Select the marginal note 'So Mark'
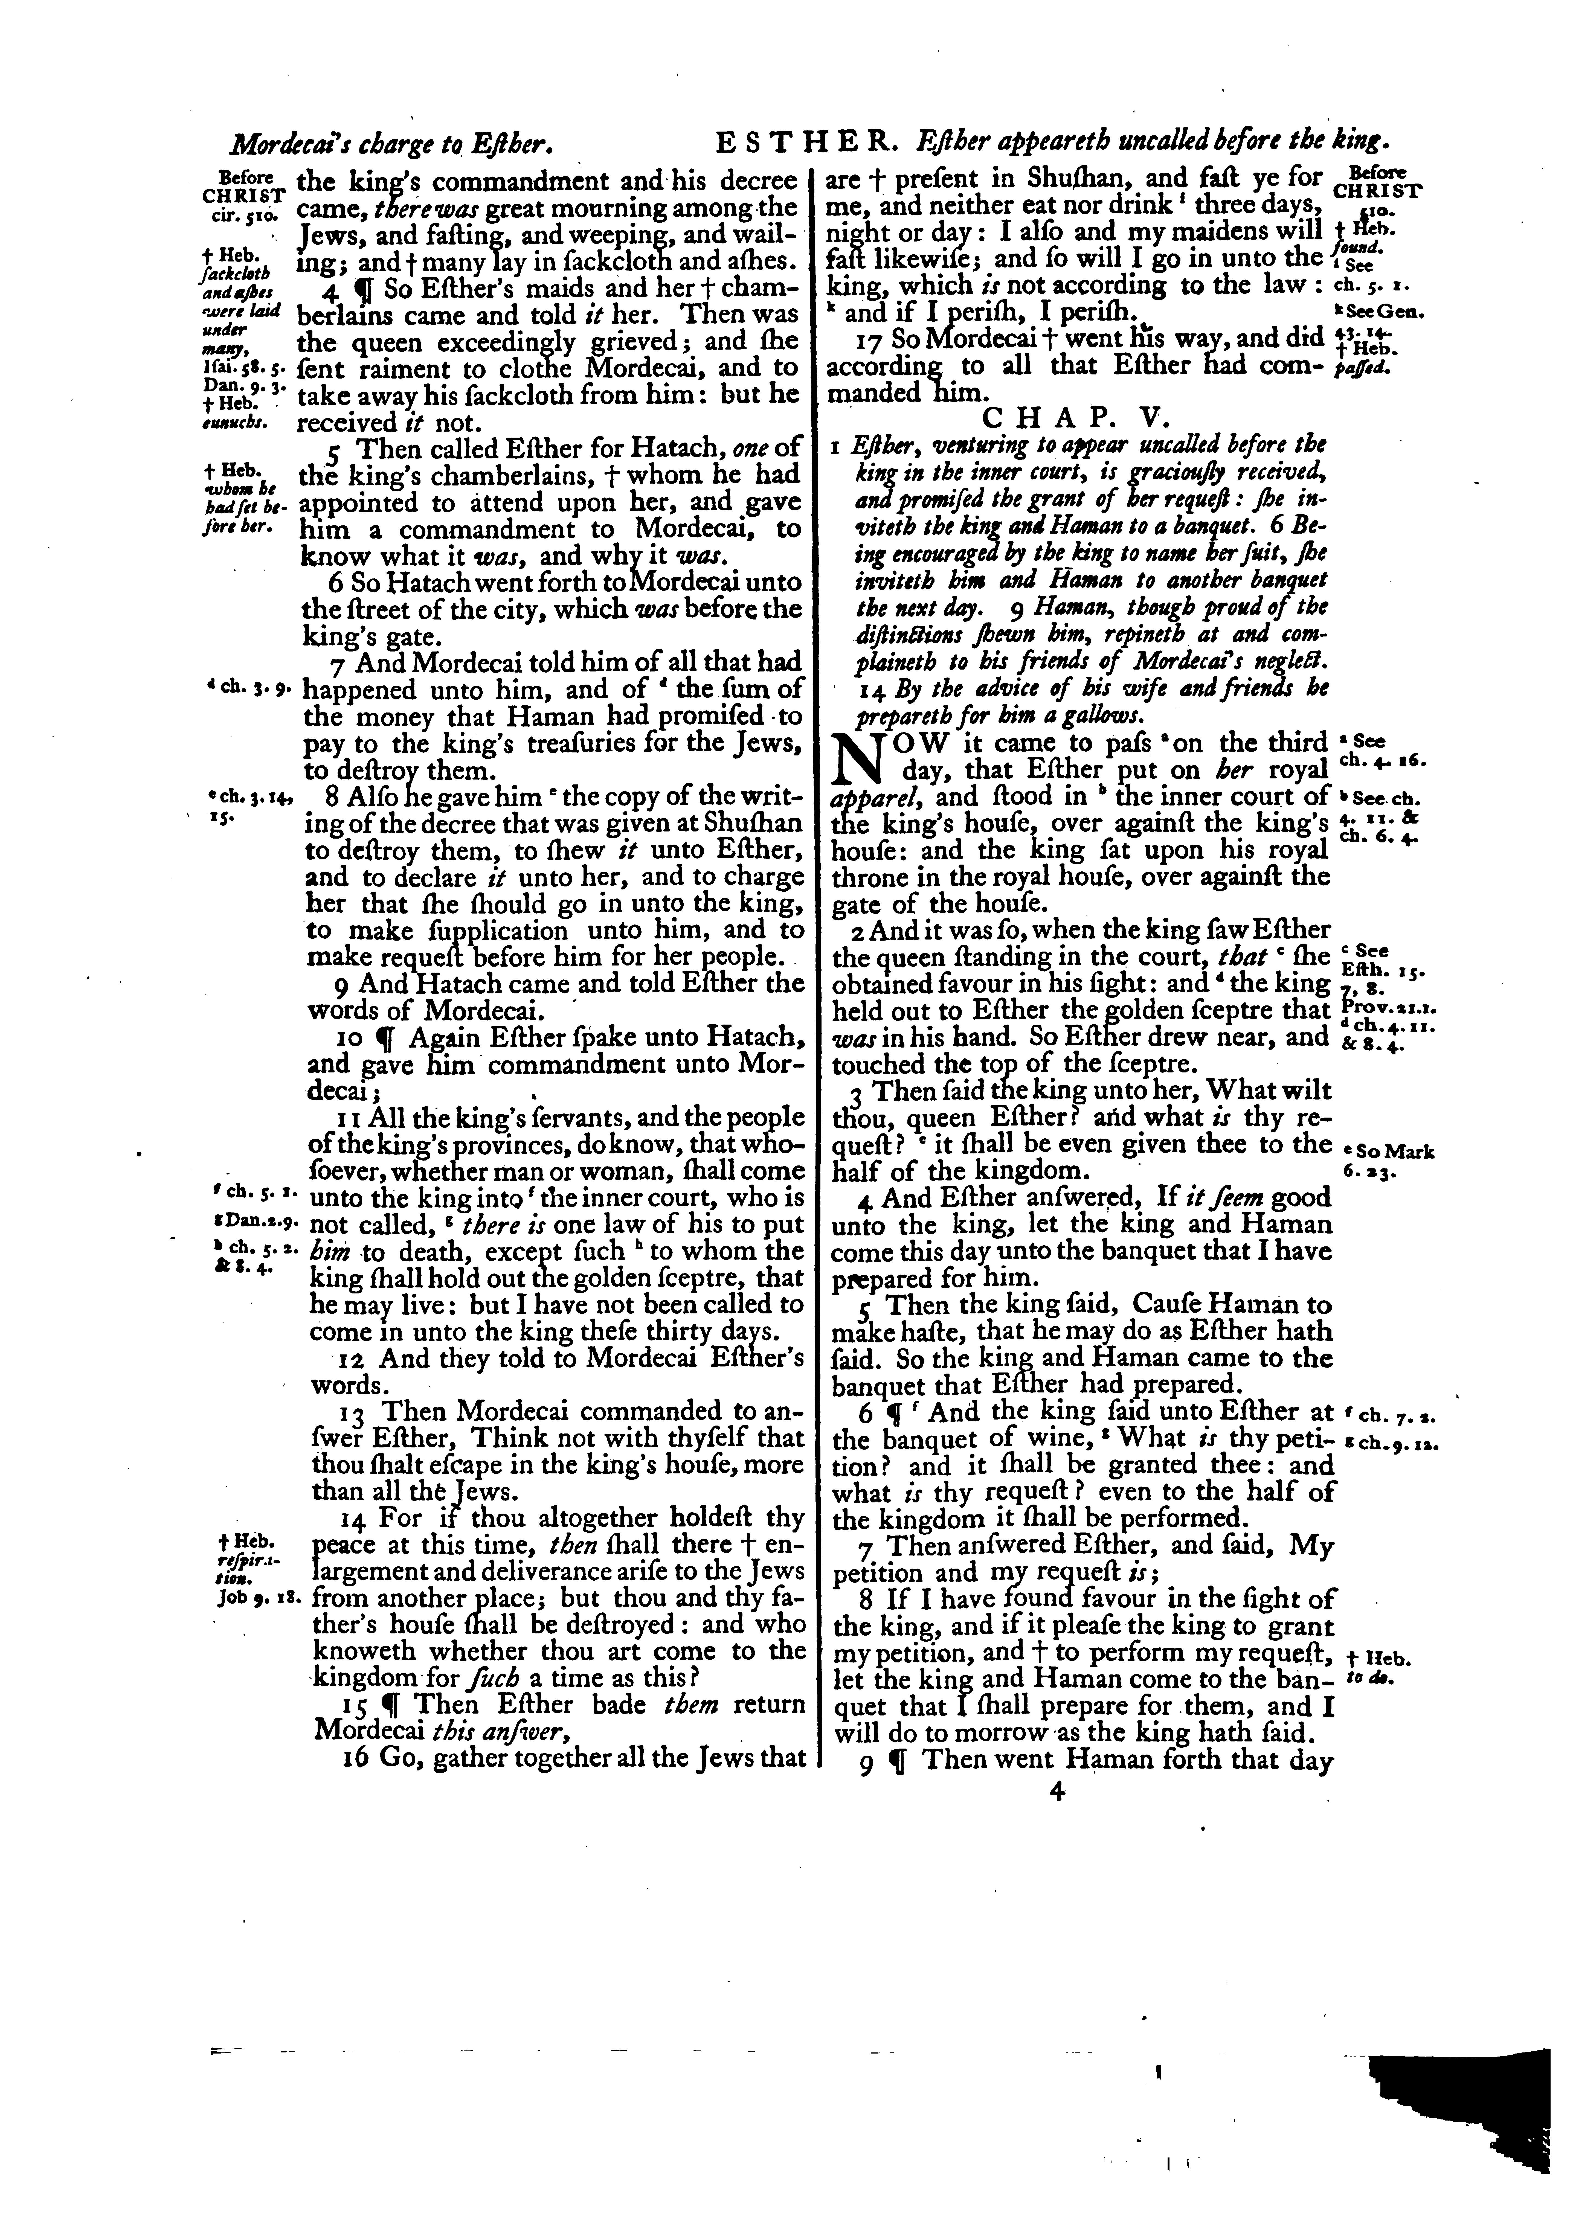1389,1151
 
